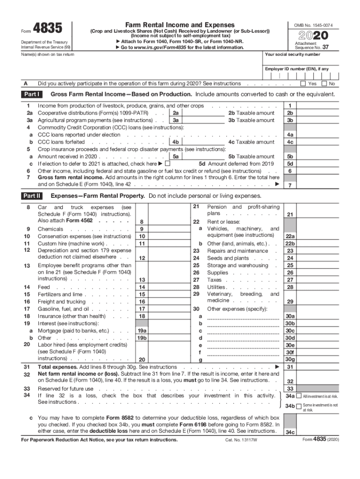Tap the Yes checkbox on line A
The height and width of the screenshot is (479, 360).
303,84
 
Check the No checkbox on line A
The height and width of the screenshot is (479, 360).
324,84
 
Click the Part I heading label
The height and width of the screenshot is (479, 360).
32,94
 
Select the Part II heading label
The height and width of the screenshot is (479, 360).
32,196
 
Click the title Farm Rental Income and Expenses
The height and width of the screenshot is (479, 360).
180,24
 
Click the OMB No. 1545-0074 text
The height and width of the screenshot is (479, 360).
313,24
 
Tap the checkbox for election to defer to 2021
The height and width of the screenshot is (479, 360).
167,164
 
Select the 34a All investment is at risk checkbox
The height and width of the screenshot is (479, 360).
299,396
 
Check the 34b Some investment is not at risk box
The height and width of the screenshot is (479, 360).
299,406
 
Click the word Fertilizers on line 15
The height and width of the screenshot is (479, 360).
50,295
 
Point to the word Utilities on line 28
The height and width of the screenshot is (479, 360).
216,287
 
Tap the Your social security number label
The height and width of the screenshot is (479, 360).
292,54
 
